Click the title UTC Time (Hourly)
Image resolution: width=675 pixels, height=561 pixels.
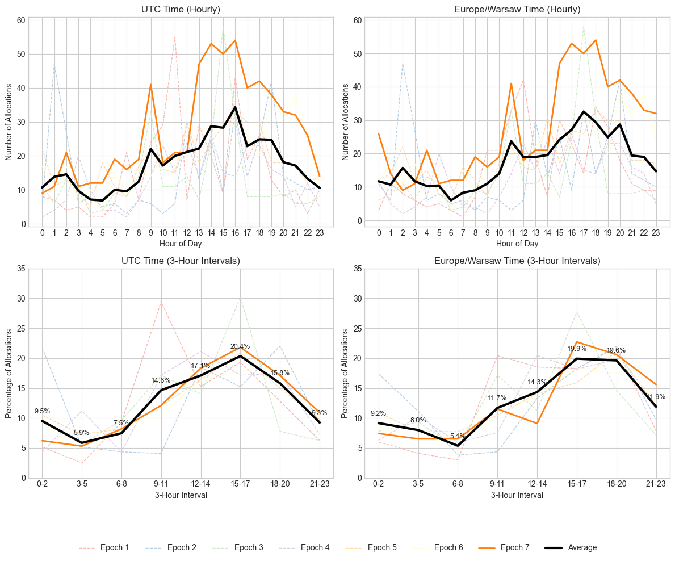coord(181,9)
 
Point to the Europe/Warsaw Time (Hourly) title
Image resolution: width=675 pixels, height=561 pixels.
coord(517,9)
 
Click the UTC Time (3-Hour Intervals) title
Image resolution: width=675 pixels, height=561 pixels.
coord(181,261)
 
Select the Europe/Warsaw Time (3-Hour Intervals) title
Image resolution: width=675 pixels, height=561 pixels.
coord(517,261)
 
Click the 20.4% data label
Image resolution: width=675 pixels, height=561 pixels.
coord(240,346)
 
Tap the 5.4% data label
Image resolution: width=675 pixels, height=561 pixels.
coord(458,436)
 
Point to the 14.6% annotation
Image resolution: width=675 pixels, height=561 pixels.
coord(161,380)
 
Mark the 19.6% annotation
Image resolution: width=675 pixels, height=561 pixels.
coord(616,350)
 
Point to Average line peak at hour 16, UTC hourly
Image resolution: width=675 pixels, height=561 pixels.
coord(235,107)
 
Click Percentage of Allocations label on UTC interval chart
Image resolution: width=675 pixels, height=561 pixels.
coord(9,373)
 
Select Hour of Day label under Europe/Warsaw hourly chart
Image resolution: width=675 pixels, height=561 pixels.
coord(517,244)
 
